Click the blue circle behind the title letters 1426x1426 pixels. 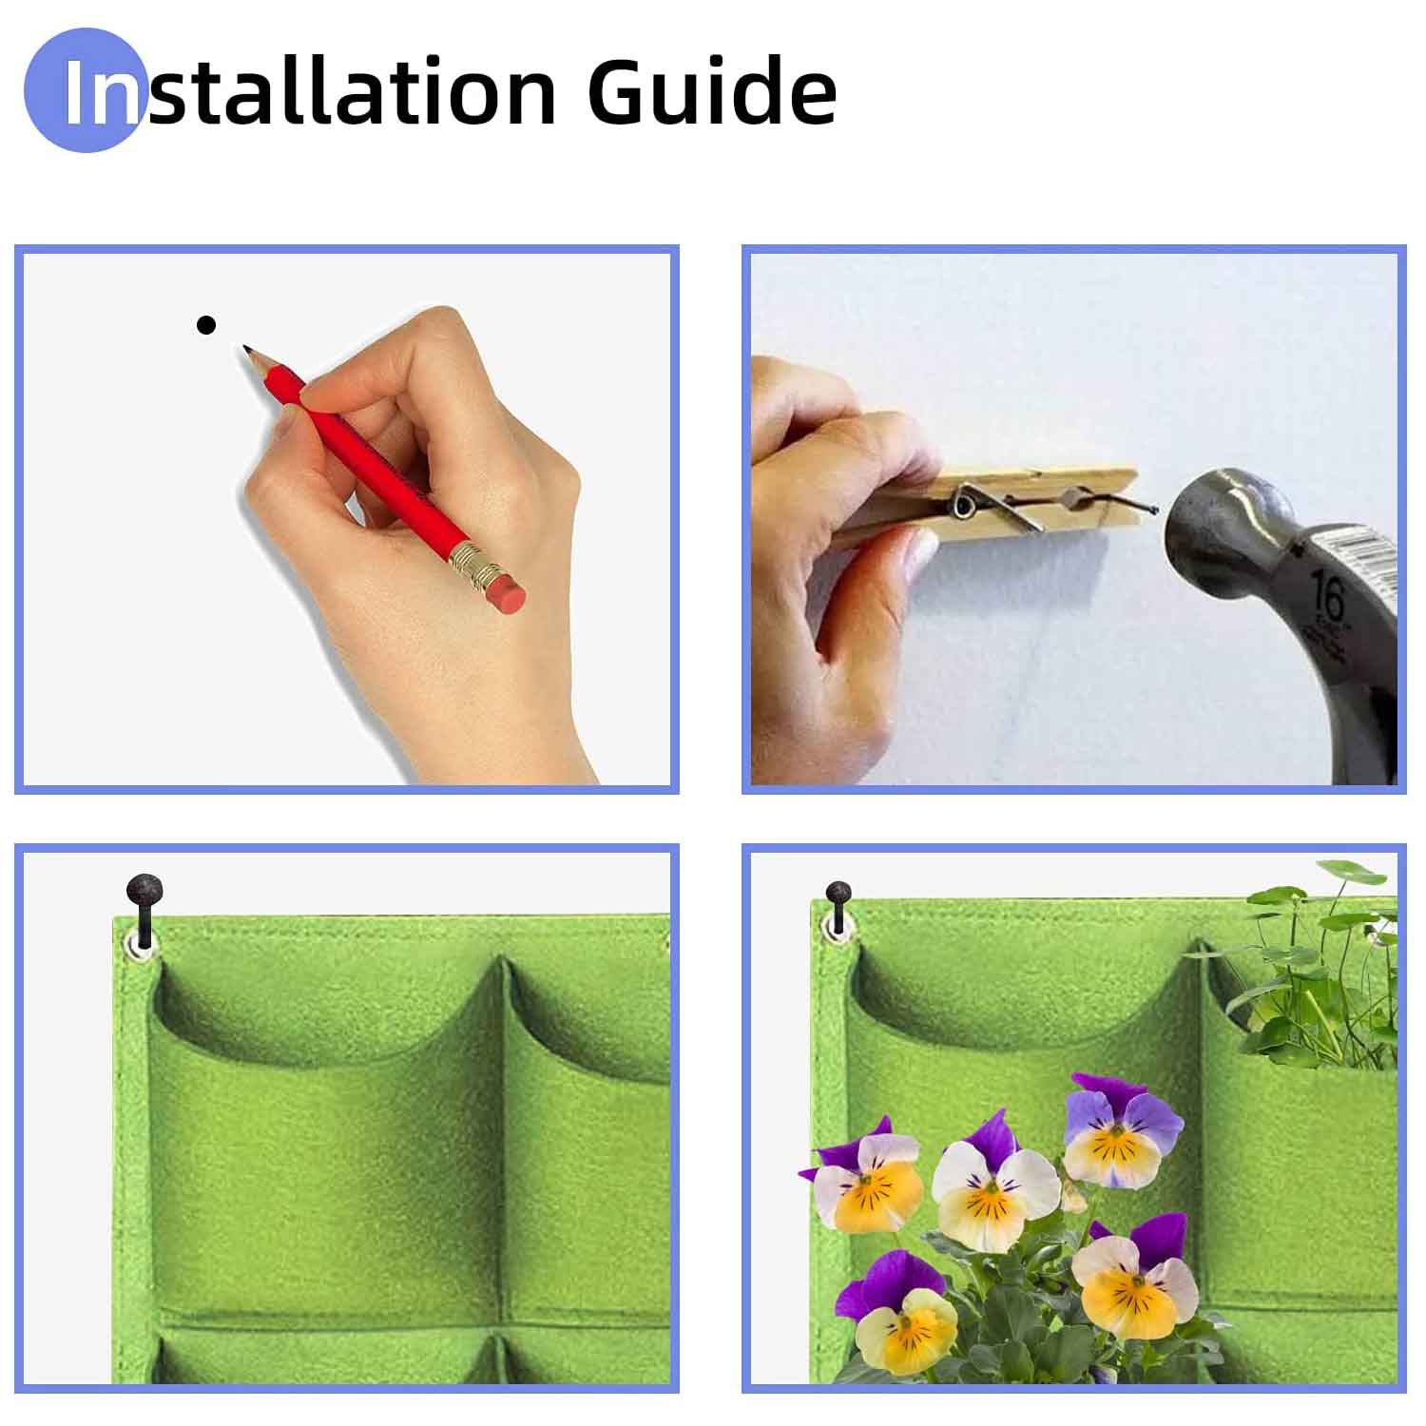(84, 90)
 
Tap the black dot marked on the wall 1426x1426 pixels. (205, 325)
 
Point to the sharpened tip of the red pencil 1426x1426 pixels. (248, 352)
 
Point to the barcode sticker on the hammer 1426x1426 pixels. (1361, 552)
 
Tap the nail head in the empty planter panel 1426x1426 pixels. (145, 891)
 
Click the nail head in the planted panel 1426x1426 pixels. (838, 894)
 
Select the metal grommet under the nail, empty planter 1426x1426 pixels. (143, 946)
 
